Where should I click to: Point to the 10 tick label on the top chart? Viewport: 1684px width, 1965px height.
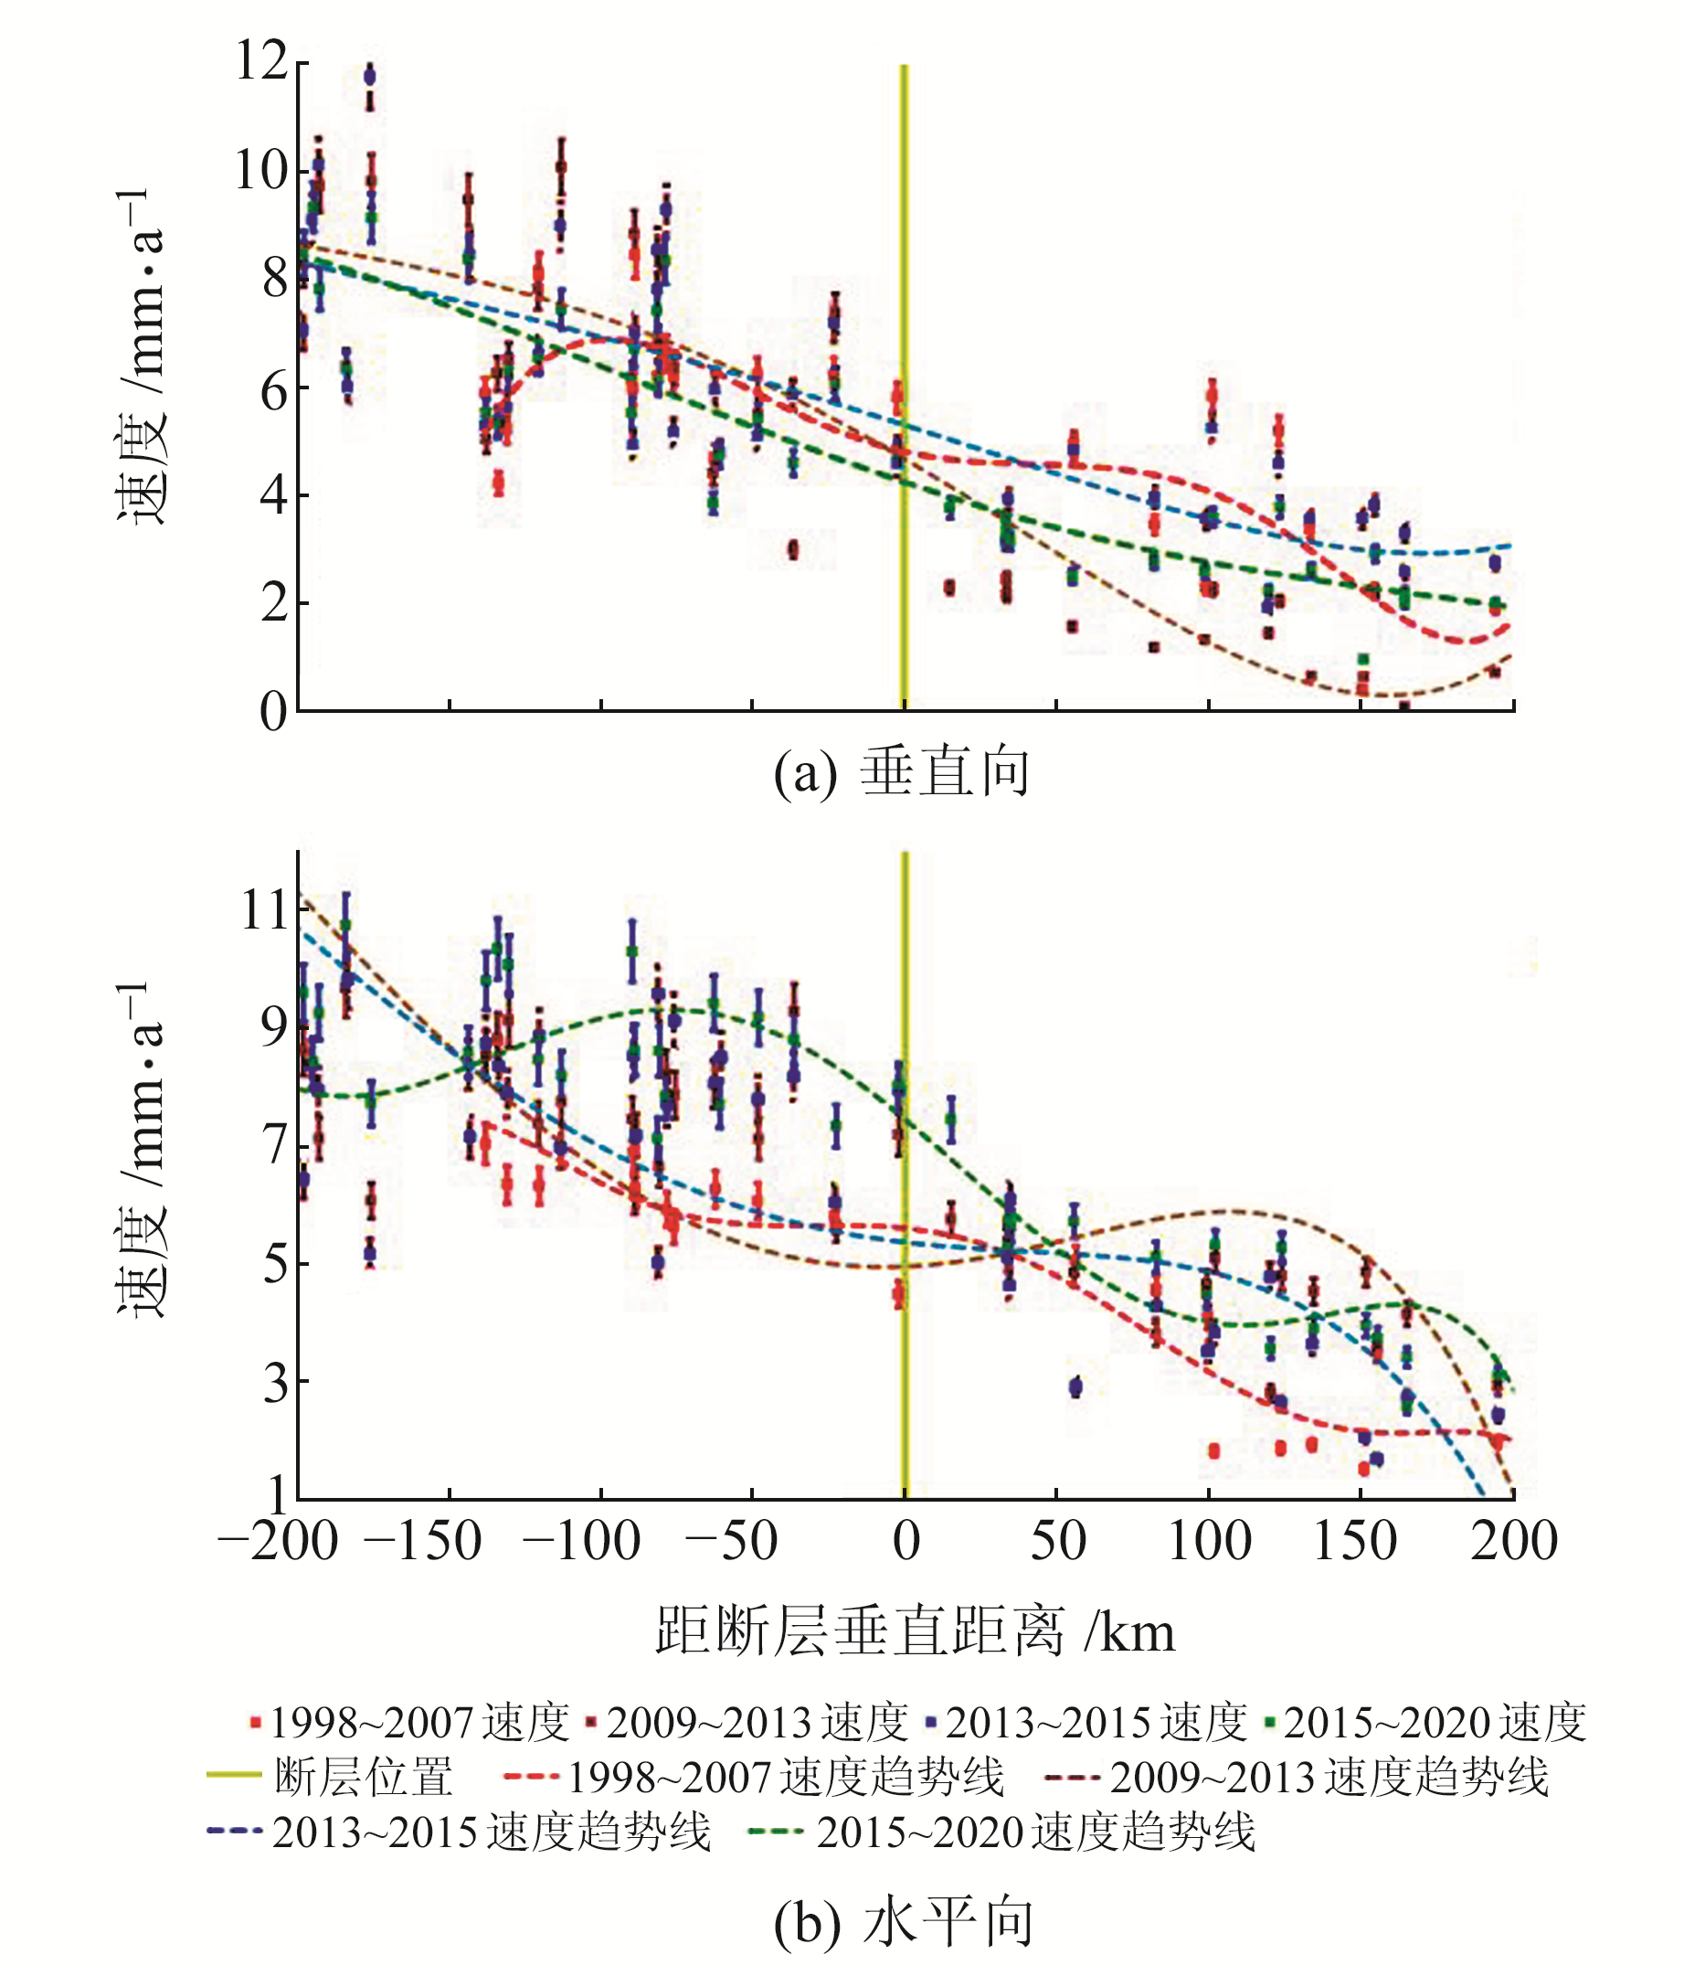(x=260, y=172)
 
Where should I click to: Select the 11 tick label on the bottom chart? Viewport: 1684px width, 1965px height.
(x=263, y=910)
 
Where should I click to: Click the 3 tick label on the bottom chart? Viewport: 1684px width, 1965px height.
(x=275, y=1383)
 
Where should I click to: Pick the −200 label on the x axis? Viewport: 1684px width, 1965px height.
(x=278, y=1541)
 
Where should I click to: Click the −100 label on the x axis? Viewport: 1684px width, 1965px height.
(x=581, y=1541)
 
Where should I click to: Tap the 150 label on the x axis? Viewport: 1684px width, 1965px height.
(x=1354, y=1541)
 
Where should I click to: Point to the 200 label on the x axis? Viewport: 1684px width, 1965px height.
(x=1513, y=1541)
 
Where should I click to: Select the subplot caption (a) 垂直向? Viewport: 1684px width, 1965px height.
(x=901, y=773)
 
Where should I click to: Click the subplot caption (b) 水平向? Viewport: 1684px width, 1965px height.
(x=903, y=1922)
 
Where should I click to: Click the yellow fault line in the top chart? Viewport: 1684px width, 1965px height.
(x=904, y=284)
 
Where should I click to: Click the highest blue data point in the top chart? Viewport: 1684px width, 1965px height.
(x=370, y=76)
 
